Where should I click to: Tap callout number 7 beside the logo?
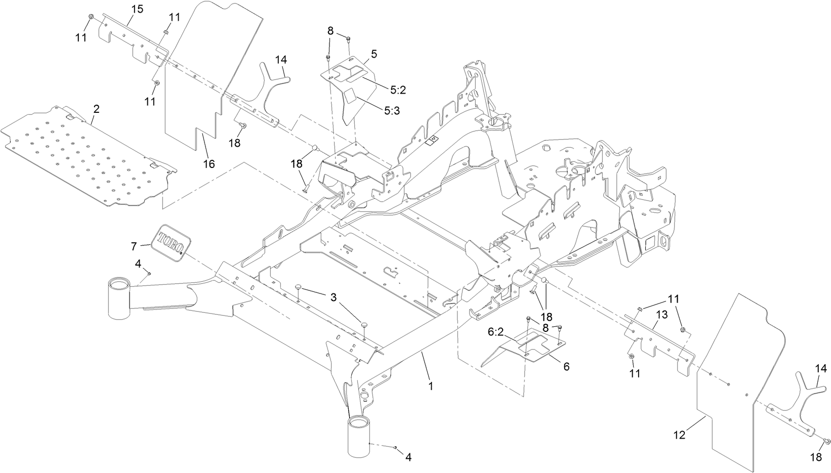coord(134,246)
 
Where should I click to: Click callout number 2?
coord(96,109)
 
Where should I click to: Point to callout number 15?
coord(137,9)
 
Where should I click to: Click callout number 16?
coord(209,163)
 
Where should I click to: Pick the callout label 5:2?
coord(399,90)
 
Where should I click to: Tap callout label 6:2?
coord(496,333)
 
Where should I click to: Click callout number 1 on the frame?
coord(431,385)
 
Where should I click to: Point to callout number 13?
coord(661,315)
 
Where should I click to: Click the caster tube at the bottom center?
coord(359,437)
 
